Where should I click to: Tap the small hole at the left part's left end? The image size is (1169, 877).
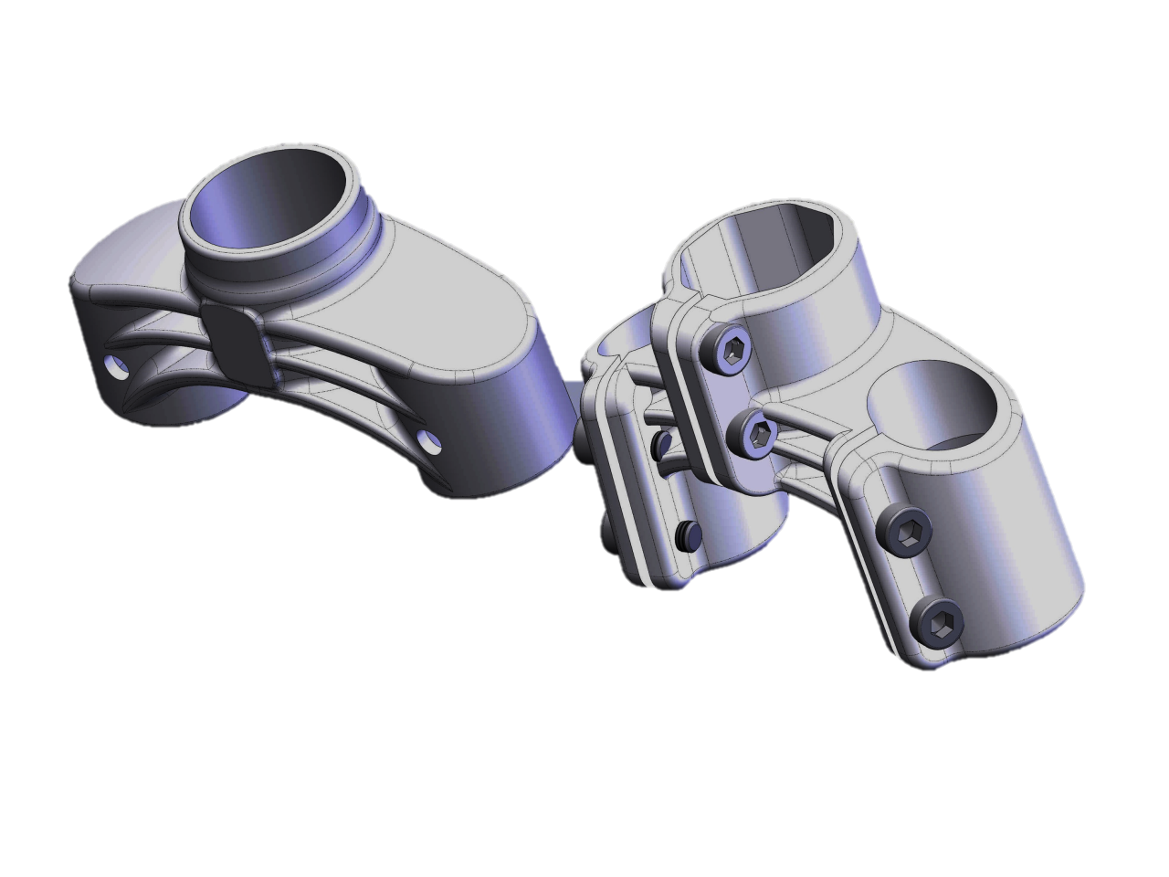point(116,367)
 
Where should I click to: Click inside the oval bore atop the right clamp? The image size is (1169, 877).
point(767,238)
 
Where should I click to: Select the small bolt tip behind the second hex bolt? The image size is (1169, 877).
point(661,444)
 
